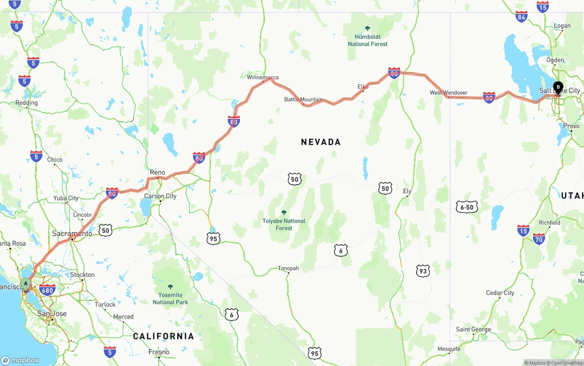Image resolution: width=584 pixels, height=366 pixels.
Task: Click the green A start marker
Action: [26, 284]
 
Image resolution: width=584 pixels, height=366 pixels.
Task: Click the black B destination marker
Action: [558, 87]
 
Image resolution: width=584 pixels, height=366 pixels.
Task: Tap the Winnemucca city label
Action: [262, 77]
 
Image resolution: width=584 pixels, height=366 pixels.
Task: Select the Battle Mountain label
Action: [303, 99]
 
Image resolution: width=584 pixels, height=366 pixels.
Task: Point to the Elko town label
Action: [363, 87]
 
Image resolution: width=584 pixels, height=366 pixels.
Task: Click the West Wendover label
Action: [448, 93]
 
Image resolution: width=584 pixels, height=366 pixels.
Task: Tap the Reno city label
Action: [157, 172]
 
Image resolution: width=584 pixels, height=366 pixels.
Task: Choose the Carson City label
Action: [160, 196]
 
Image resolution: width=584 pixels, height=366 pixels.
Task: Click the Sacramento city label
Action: [72, 233]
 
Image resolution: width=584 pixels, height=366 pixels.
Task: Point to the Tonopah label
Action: [288, 268]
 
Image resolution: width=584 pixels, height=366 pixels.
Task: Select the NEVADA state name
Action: [321, 142]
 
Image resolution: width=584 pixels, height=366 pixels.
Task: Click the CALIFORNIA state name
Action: [163, 336]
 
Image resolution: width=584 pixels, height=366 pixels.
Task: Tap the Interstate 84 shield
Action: [521, 16]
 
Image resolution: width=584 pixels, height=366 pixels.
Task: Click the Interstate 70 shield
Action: [539, 238]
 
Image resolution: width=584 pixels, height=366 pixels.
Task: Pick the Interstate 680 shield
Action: [47, 289]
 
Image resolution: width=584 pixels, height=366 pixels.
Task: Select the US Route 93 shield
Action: [423, 271]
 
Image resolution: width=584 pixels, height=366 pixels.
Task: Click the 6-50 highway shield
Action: [467, 207]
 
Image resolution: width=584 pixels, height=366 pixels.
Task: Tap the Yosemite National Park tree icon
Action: [170, 287]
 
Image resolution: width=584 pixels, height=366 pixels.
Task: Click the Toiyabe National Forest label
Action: [284, 224]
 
